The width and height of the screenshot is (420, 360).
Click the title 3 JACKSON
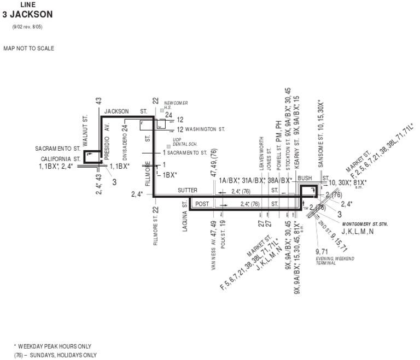(27, 14)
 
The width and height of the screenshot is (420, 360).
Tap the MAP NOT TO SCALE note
(28, 49)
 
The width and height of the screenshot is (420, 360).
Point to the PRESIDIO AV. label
(107, 141)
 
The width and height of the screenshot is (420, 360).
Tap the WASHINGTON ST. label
(205, 129)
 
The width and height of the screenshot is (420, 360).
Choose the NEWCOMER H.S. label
(176, 105)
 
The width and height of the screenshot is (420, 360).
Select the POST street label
(202, 204)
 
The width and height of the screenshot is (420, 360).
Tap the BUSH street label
(305, 178)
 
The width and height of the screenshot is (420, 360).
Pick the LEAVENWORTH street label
(261, 154)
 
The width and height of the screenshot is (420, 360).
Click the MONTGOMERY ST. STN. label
(364, 224)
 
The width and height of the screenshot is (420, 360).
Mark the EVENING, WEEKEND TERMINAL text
(334, 259)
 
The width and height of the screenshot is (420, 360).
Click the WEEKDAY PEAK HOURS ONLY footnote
(54, 346)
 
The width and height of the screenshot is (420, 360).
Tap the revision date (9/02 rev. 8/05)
(27, 26)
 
